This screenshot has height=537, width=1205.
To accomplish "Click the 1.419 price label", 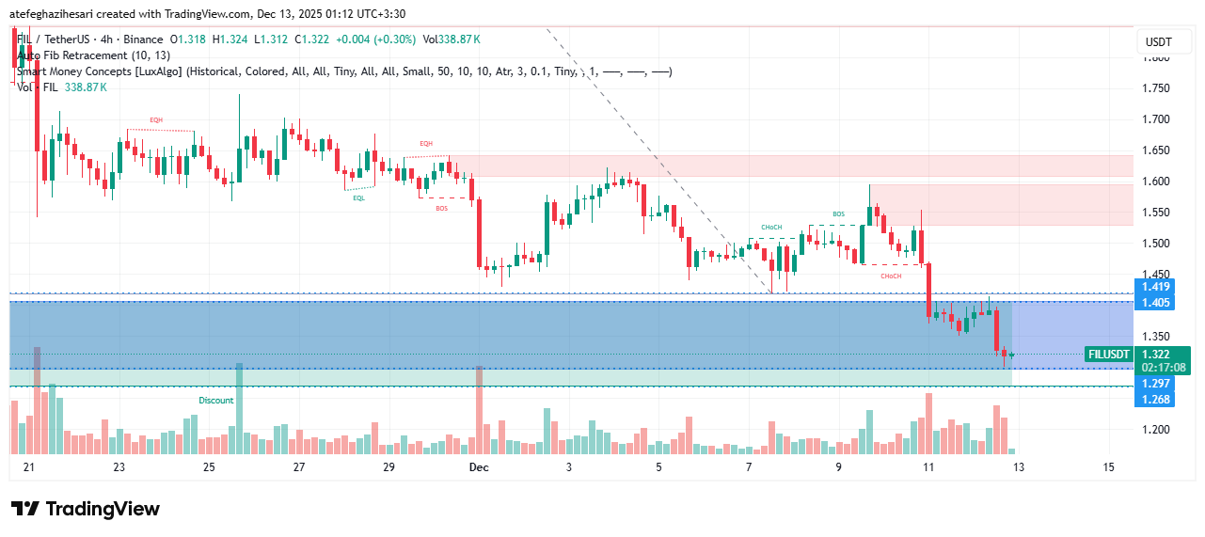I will click(x=1155, y=287).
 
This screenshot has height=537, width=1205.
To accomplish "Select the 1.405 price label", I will click(x=1155, y=302).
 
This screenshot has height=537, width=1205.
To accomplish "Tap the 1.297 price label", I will click(x=1155, y=384).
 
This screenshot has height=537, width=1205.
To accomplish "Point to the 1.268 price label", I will click(x=1155, y=399).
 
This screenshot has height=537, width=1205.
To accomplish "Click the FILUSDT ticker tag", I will click(x=1107, y=355).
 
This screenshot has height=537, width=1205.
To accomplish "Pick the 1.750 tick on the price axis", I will click(x=1155, y=88).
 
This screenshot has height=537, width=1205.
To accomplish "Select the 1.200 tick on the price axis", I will click(x=1155, y=430).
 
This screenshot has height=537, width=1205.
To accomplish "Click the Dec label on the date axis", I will click(x=479, y=467).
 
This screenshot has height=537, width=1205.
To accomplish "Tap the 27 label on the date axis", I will click(x=299, y=467).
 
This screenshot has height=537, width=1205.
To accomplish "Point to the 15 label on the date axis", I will click(x=1108, y=467).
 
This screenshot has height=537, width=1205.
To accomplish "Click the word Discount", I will click(x=215, y=401).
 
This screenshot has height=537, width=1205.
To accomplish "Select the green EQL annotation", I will click(x=359, y=198).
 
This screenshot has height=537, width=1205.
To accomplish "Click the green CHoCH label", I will click(x=772, y=229).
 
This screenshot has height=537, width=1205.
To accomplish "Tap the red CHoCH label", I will click(x=891, y=276).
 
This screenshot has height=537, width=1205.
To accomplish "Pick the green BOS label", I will click(x=838, y=214).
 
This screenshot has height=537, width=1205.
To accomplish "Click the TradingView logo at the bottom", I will click(x=86, y=509).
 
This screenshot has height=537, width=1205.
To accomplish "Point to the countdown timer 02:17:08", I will click(x=1162, y=368).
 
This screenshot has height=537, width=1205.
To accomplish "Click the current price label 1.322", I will click(x=1156, y=355).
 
